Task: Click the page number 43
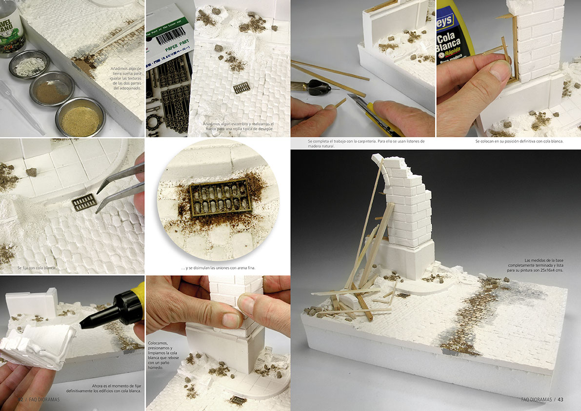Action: point(561,400)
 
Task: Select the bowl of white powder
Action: point(29,64)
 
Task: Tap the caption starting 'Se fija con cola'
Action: point(38,268)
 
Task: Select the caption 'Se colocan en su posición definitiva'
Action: point(519,142)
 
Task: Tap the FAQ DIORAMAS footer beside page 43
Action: point(536,400)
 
